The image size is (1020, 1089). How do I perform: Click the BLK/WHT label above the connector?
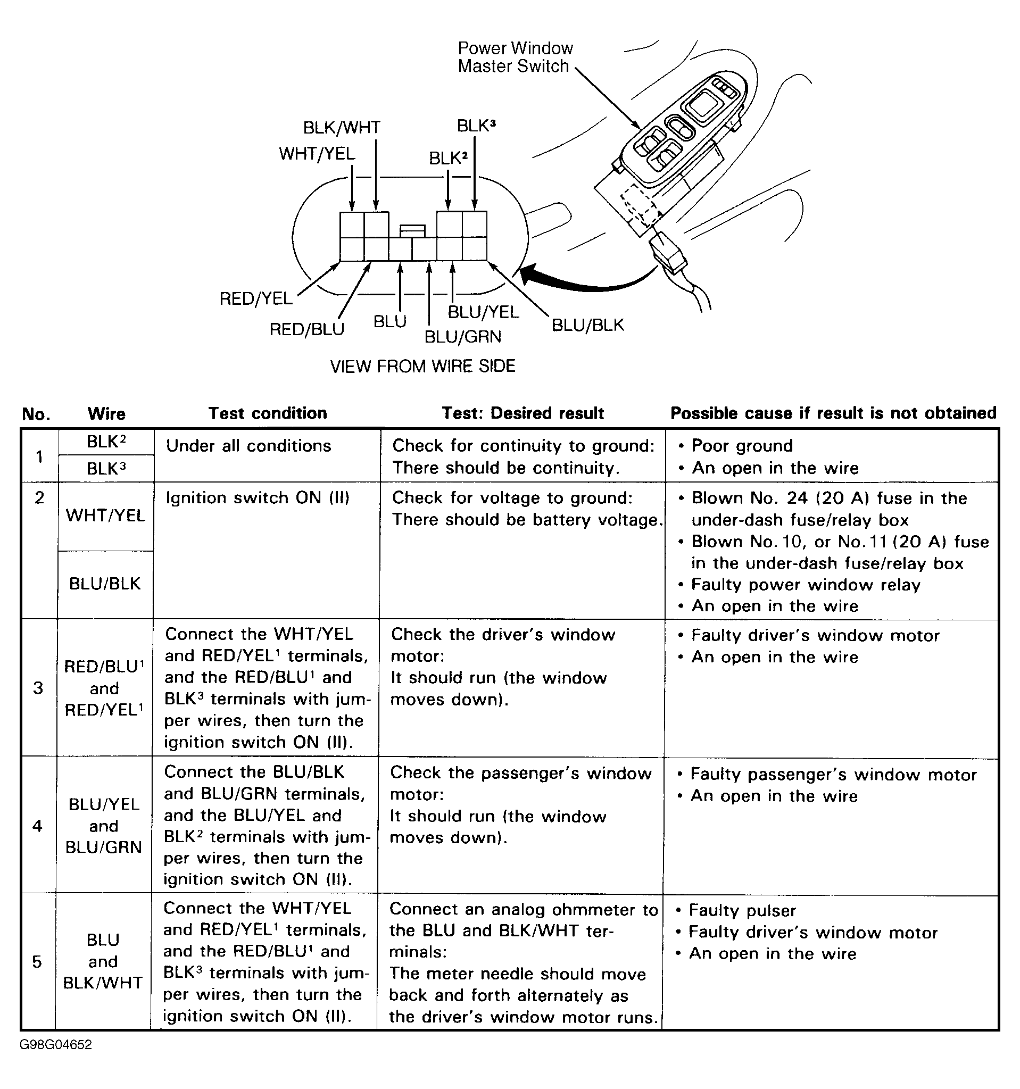point(341,128)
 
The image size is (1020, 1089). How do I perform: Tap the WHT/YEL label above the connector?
point(317,153)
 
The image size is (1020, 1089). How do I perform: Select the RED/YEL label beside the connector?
point(256,298)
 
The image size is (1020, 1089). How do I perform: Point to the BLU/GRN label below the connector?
point(463,336)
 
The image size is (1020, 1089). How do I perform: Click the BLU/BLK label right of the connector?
point(587,325)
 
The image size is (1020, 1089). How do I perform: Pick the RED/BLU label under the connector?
point(307,329)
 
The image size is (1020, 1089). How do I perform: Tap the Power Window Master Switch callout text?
point(515,57)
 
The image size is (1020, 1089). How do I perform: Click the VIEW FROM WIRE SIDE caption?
point(422,366)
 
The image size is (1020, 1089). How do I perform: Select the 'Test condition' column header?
point(267,413)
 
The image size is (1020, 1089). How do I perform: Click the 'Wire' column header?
point(106,413)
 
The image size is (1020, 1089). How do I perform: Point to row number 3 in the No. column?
point(38,687)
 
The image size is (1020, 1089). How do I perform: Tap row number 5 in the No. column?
point(37,961)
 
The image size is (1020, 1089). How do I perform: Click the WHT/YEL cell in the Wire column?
point(105,516)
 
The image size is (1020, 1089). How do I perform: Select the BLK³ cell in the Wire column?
point(106,469)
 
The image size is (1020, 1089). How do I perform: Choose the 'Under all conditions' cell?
point(248,446)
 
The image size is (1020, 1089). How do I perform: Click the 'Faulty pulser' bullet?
point(742,910)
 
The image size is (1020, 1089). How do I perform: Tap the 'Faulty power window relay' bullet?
point(805,585)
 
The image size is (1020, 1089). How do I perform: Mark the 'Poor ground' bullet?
point(742,446)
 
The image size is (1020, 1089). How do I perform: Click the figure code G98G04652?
point(56,1045)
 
